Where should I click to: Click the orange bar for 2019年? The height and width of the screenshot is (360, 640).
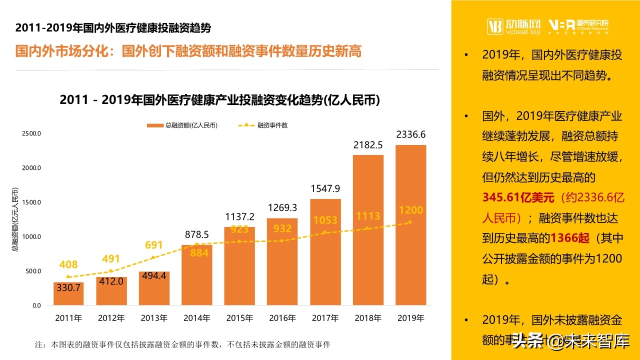(410, 225)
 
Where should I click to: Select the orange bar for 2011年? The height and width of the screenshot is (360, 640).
(68, 294)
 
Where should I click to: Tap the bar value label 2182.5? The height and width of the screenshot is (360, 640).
(367, 145)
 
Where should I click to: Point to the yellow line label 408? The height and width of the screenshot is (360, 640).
(68, 264)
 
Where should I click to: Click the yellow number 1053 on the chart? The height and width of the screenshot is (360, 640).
(325, 220)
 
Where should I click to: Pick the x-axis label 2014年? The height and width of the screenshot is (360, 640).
(197, 318)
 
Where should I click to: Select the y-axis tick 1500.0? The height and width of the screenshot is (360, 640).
(31, 202)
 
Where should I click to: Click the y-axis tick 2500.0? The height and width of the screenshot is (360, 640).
(31, 133)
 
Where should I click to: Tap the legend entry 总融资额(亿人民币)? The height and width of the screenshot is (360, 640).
(182, 125)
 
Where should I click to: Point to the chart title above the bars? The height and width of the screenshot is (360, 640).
(219, 100)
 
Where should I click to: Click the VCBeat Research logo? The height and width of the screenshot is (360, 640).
(578, 26)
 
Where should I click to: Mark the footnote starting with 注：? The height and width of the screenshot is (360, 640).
(182, 344)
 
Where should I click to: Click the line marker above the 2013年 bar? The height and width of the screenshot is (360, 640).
(153, 257)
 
